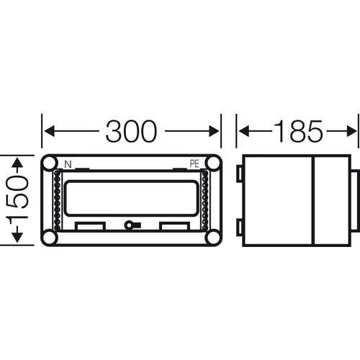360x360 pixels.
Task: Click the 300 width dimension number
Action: (131, 131)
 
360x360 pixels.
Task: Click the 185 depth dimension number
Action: (299, 131)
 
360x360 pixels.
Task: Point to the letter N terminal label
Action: (68, 165)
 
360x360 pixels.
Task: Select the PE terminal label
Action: (194, 164)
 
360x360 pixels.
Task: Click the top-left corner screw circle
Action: (50, 163)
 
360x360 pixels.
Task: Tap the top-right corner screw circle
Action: (213, 163)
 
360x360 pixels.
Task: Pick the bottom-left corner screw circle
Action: (50, 237)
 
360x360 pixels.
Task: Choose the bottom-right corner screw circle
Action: (213, 237)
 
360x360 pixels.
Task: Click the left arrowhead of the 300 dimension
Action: (50, 131)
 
